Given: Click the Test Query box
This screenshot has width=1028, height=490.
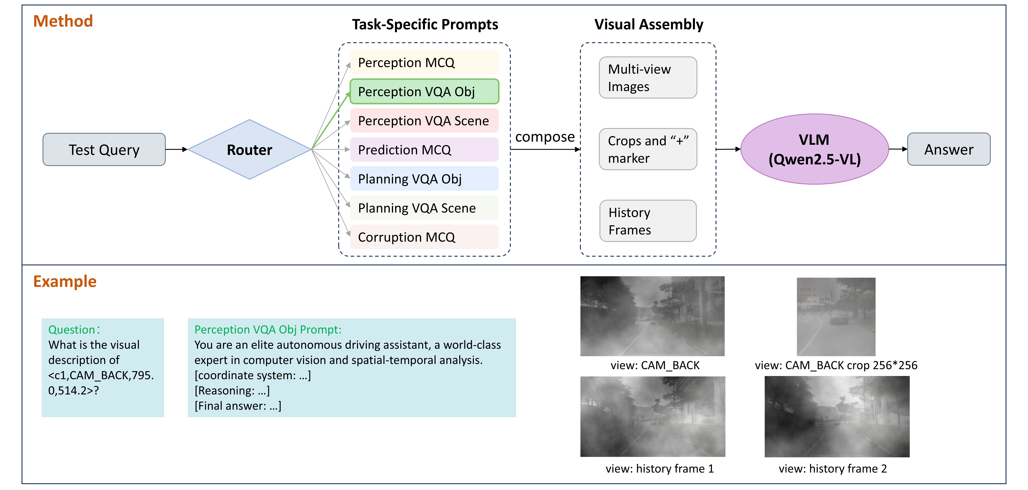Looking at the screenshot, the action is tap(104, 149).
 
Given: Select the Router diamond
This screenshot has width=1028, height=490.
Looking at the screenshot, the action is tap(249, 149).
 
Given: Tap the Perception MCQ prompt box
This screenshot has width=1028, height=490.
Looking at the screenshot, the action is tap(424, 62).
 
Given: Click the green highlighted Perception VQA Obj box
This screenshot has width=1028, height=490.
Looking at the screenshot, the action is tap(424, 91).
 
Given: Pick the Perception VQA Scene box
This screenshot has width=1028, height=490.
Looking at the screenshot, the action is tap(424, 121).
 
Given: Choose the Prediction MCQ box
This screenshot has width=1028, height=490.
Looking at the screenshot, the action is tap(424, 150).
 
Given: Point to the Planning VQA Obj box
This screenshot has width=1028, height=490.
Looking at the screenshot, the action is tap(424, 179).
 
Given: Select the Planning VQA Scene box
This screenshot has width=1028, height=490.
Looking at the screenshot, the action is tap(424, 208).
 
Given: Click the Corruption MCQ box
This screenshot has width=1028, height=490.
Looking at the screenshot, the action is tap(424, 237).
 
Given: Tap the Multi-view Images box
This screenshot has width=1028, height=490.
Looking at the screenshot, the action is tap(648, 77).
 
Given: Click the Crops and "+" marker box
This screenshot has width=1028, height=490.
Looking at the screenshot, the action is tap(648, 149).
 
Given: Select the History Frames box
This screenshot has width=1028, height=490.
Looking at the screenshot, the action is tap(648, 221).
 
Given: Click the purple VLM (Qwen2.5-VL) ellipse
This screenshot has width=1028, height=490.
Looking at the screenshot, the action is tap(815, 149).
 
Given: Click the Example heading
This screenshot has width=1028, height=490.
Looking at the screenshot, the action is tap(65, 282).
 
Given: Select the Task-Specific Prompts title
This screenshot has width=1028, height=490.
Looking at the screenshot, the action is tap(425, 24).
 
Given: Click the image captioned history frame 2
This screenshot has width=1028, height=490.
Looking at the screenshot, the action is tap(837, 416).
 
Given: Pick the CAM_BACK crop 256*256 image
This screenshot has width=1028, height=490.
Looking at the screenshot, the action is tap(836, 317).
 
